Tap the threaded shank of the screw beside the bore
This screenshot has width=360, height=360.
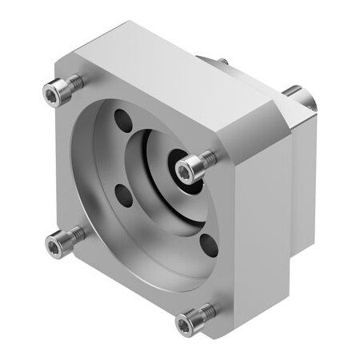pos(207,156)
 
